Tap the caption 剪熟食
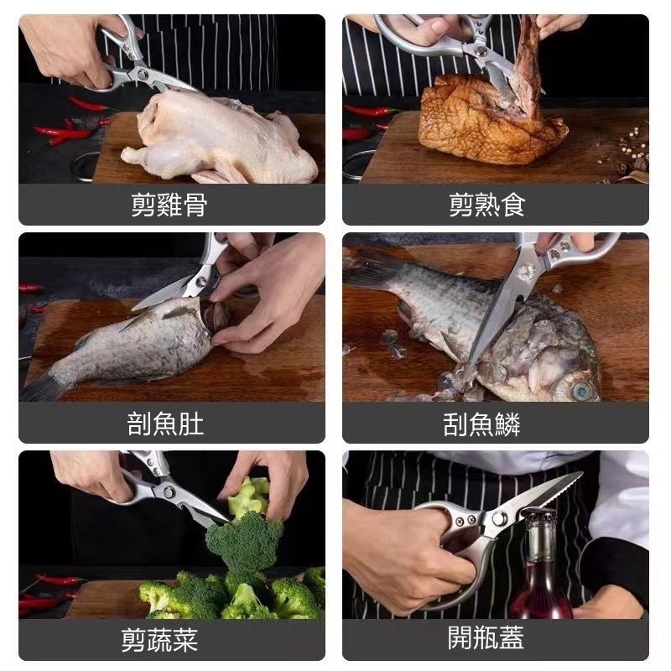click(x=487, y=205)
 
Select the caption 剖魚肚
click(x=165, y=424)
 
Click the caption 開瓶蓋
click(x=486, y=638)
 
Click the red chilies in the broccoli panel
click(x=46, y=591)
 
